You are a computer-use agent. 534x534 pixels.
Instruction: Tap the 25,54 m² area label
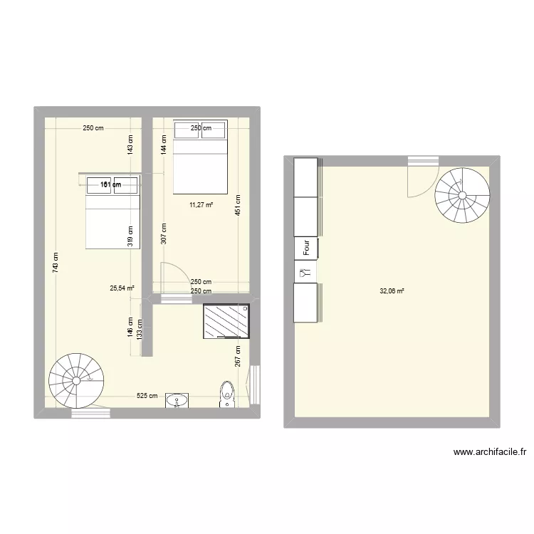(122, 288)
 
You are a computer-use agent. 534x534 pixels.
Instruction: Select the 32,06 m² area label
(392, 290)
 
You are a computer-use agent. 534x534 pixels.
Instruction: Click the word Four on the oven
(306, 248)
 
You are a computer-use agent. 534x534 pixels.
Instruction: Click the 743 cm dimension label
(56, 264)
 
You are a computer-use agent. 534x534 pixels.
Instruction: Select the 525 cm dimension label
(147, 396)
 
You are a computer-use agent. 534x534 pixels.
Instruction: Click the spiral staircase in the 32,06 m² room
(463, 194)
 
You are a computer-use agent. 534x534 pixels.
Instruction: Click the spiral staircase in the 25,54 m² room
(75, 381)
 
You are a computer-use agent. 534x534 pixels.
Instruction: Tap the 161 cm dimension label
(110, 184)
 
